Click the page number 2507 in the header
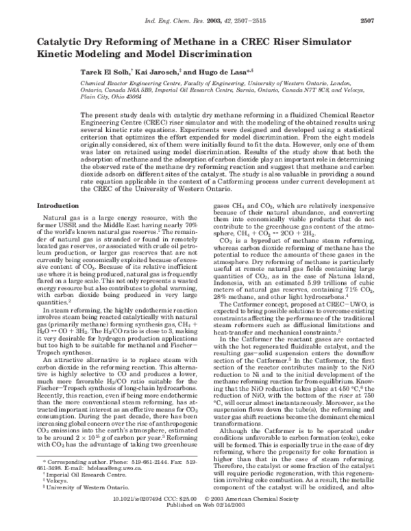click(391, 13)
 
